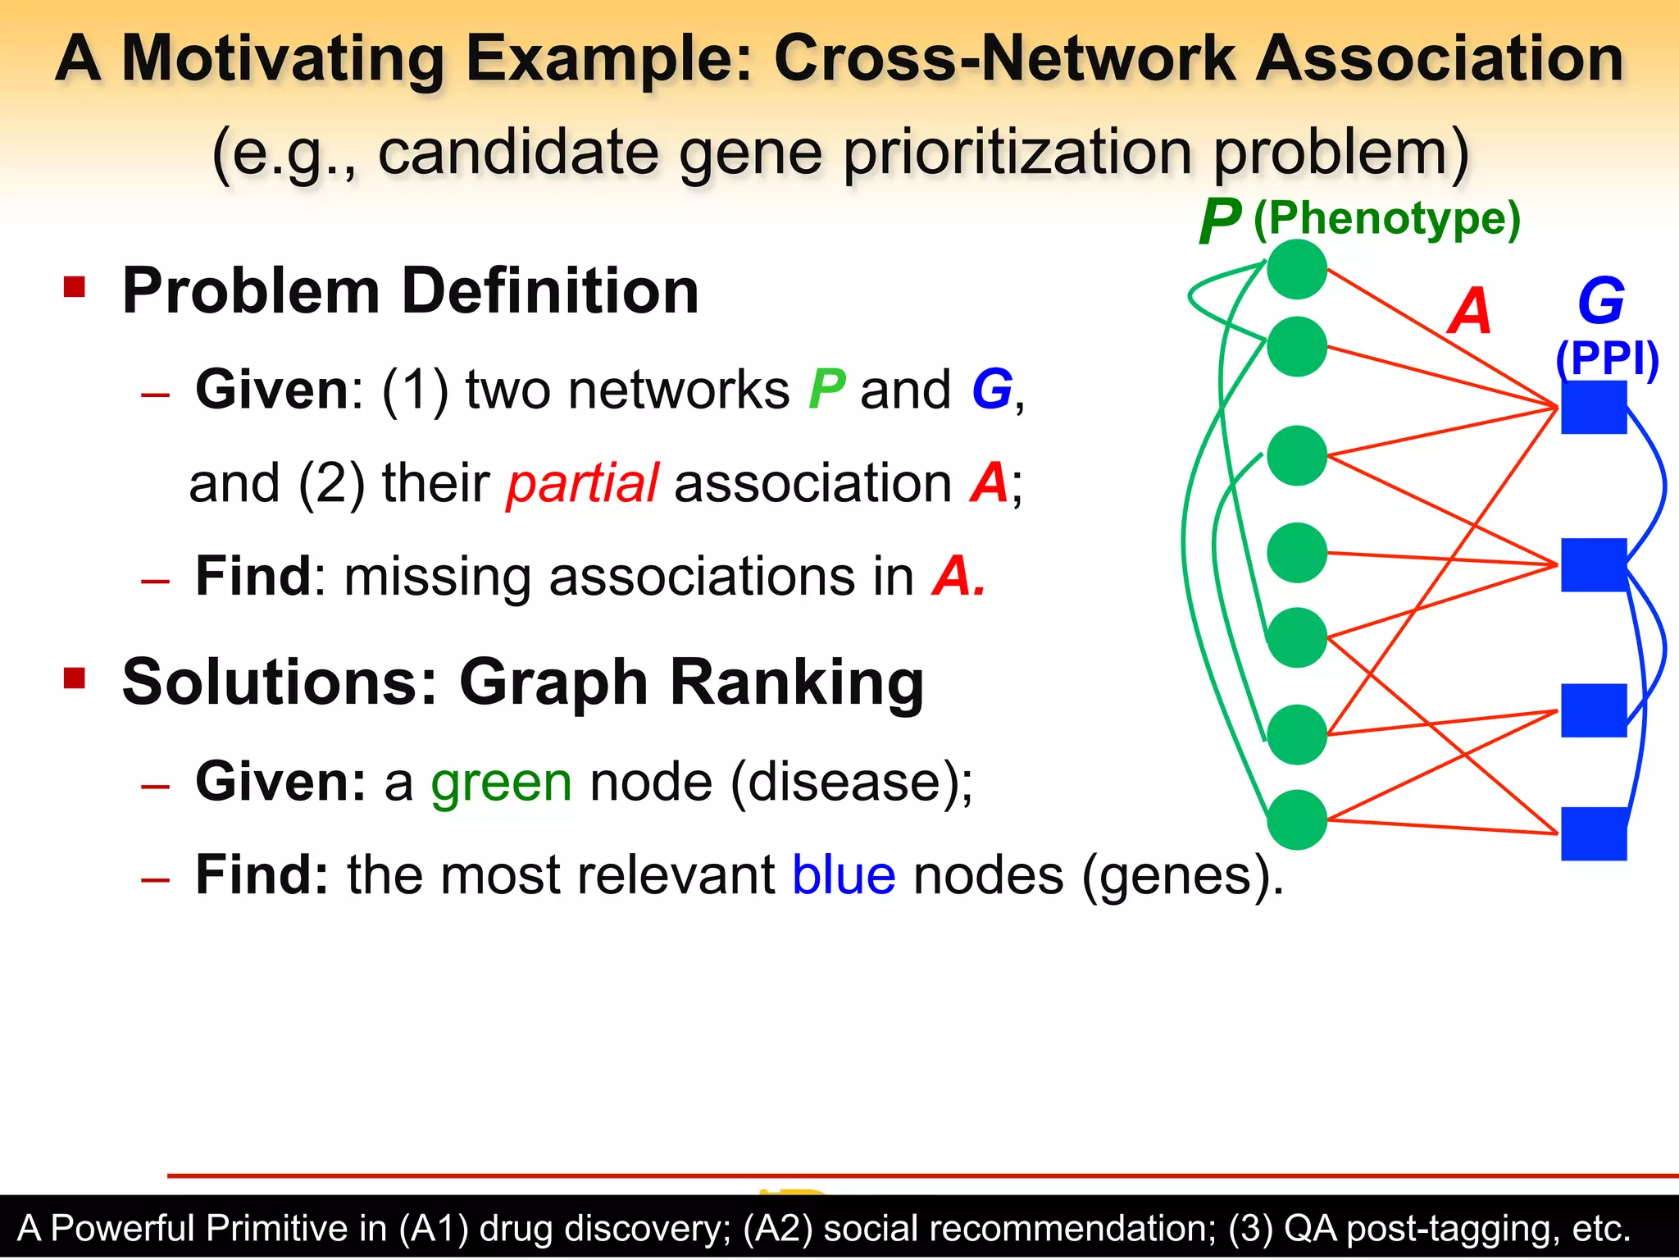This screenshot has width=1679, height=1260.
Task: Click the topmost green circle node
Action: [x=1296, y=269]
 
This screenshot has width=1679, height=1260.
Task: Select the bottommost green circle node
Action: [x=1296, y=819]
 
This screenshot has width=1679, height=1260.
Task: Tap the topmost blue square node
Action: [x=1593, y=407]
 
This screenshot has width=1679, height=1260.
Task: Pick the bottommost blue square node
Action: [x=1593, y=833]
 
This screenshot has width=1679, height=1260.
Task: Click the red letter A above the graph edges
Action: [x=1469, y=312]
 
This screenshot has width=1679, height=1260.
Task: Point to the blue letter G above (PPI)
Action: [x=1600, y=301]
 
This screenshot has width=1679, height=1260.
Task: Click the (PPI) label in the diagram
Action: [x=1607, y=358]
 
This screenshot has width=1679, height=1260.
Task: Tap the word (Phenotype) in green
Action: [x=1387, y=219]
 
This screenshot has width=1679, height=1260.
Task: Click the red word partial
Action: [x=582, y=483]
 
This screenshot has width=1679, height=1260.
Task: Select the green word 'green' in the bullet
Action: [x=502, y=782]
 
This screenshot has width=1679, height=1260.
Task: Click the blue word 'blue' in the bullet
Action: [x=844, y=875]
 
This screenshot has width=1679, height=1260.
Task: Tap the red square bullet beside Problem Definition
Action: [x=75, y=287]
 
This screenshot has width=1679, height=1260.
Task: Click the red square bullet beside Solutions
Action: [x=75, y=678]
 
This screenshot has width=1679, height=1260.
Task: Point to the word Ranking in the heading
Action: [x=796, y=682]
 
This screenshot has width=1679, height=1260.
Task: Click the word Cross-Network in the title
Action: [x=1005, y=59]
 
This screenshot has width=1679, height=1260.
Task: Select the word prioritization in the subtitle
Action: [x=1017, y=153]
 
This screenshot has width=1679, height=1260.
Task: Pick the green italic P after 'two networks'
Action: [x=826, y=390]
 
